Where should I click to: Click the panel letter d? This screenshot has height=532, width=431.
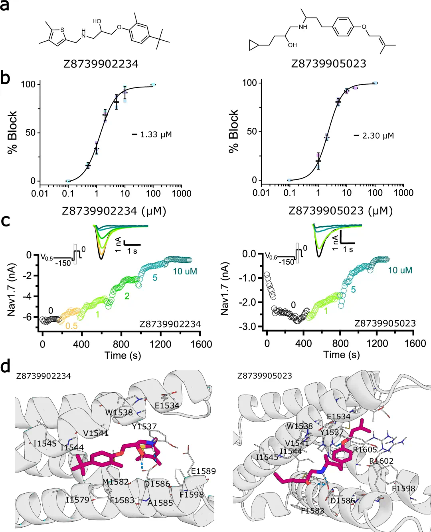pyautogui.click(x=6, y=367)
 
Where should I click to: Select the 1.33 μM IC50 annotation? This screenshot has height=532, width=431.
pyautogui.click(x=156, y=135)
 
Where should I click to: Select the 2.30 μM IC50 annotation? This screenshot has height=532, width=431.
pyautogui.click(x=378, y=136)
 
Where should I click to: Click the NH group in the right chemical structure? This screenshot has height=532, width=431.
pyautogui.click(x=303, y=27)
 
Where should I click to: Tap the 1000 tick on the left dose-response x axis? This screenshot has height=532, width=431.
pyautogui.click(x=182, y=194)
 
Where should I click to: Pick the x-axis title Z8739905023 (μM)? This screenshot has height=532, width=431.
pyautogui.click(x=340, y=210)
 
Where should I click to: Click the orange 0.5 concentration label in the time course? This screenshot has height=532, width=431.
pyautogui.click(x=71, y=326)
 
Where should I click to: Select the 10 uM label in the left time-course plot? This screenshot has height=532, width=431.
pyautogui.click(x=185, y=272)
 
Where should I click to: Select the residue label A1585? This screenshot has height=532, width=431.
pyautogui.click(x=160, y=502)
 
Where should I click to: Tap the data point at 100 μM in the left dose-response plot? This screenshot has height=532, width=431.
pyautogui.click(x=153, y=85)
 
